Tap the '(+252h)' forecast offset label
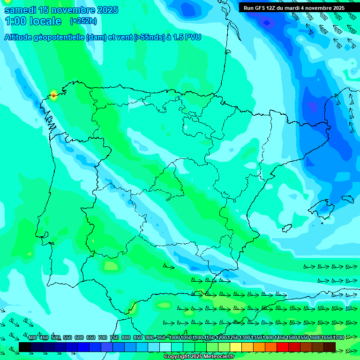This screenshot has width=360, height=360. pos(83,21)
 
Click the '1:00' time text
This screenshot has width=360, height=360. pos(18,21)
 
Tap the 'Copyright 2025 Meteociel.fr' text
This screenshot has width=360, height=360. pos(199,357)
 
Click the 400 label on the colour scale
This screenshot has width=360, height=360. pos(32,338)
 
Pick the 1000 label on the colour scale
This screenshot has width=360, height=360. pos(174,338)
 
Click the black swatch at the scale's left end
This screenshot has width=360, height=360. pos(25,347)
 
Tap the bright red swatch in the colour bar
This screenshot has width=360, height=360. pos(283,347)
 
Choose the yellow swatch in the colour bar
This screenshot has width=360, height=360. pos(247,347)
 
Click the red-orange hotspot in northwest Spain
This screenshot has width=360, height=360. pos(54,95)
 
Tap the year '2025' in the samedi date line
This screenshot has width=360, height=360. pos(107,10)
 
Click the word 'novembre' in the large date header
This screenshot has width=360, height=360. pos(72,10)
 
